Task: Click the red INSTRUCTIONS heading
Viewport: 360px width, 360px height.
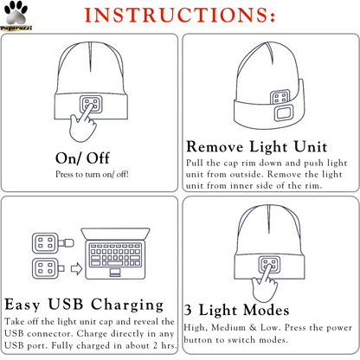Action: coord(181,16)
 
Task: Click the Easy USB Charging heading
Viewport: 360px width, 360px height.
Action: coord(84,305)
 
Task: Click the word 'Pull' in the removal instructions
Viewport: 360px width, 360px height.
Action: coord(196,163)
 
